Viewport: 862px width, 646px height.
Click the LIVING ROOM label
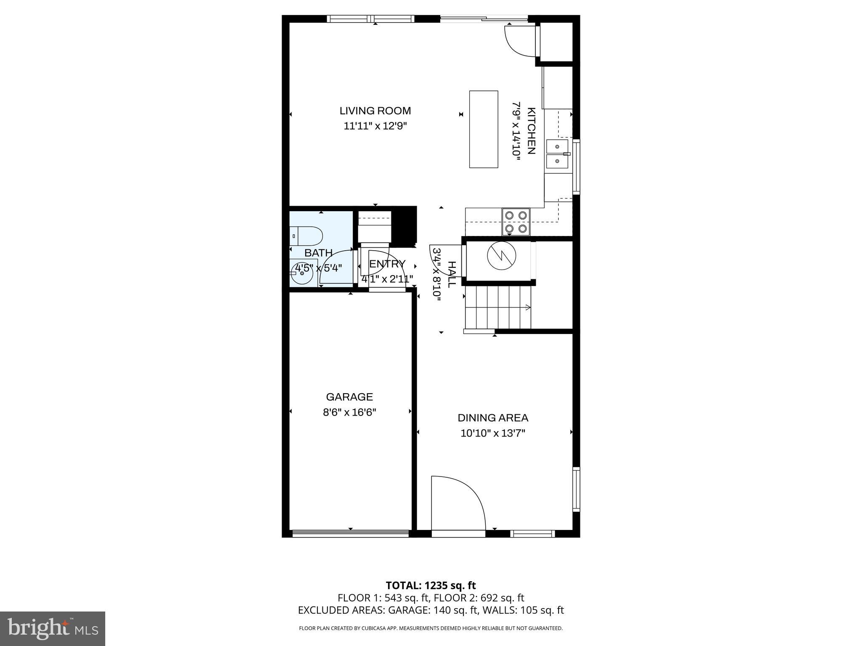point(375,111)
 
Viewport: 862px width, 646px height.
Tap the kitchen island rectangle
point(484,129)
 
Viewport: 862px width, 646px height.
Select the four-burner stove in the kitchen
point(516,222)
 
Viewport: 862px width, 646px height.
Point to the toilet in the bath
point(306,236)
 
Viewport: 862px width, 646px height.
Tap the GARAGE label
point(349,397)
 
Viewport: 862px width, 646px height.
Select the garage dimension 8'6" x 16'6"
point(349,412)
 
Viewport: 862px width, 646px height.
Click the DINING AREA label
point(493,418)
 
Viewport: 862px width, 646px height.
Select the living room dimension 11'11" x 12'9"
point(375,126)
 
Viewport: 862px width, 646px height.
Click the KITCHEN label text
point(531,131)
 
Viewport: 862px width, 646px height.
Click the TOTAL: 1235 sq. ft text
point(431,585)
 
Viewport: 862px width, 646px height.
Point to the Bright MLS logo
point(53,628)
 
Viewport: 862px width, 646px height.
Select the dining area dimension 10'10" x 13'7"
point(493,433)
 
